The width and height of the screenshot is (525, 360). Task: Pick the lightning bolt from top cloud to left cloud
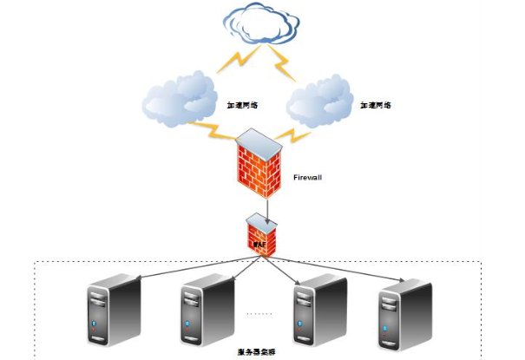233,60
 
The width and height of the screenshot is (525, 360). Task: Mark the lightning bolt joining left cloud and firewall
213,133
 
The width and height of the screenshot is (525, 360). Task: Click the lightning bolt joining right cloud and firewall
296,134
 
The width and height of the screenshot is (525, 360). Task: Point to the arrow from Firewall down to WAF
268,206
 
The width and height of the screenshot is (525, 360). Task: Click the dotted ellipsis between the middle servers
260,312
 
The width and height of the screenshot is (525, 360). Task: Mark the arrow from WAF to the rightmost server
347,270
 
